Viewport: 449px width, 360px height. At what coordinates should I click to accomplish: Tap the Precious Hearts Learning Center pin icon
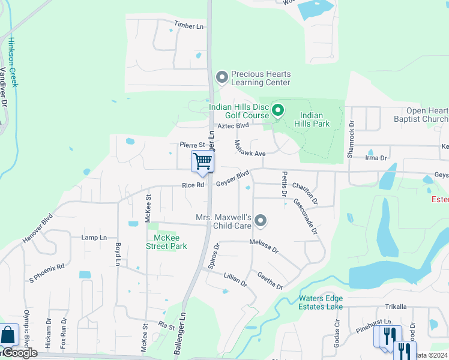coord(221,77)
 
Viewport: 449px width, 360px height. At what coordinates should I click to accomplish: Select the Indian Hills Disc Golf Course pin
coord(277,110)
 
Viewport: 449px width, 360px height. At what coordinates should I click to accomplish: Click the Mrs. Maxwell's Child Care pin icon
coord(260,221)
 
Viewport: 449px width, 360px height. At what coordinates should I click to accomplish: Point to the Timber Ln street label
coord(189,25)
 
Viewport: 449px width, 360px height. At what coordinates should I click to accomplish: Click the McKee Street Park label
coord(167,242)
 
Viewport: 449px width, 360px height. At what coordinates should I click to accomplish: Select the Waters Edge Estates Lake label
coord(321,302)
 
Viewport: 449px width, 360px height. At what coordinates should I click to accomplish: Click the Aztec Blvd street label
coord(233,126)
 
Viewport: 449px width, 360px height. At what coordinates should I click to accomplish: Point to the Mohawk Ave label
coord(250,148)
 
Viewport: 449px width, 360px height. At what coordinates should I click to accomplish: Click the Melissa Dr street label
coord(265,245)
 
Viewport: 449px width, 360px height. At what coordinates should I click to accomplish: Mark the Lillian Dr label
coord(235,279)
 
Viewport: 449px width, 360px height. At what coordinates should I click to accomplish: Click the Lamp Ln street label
coord(94,238)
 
